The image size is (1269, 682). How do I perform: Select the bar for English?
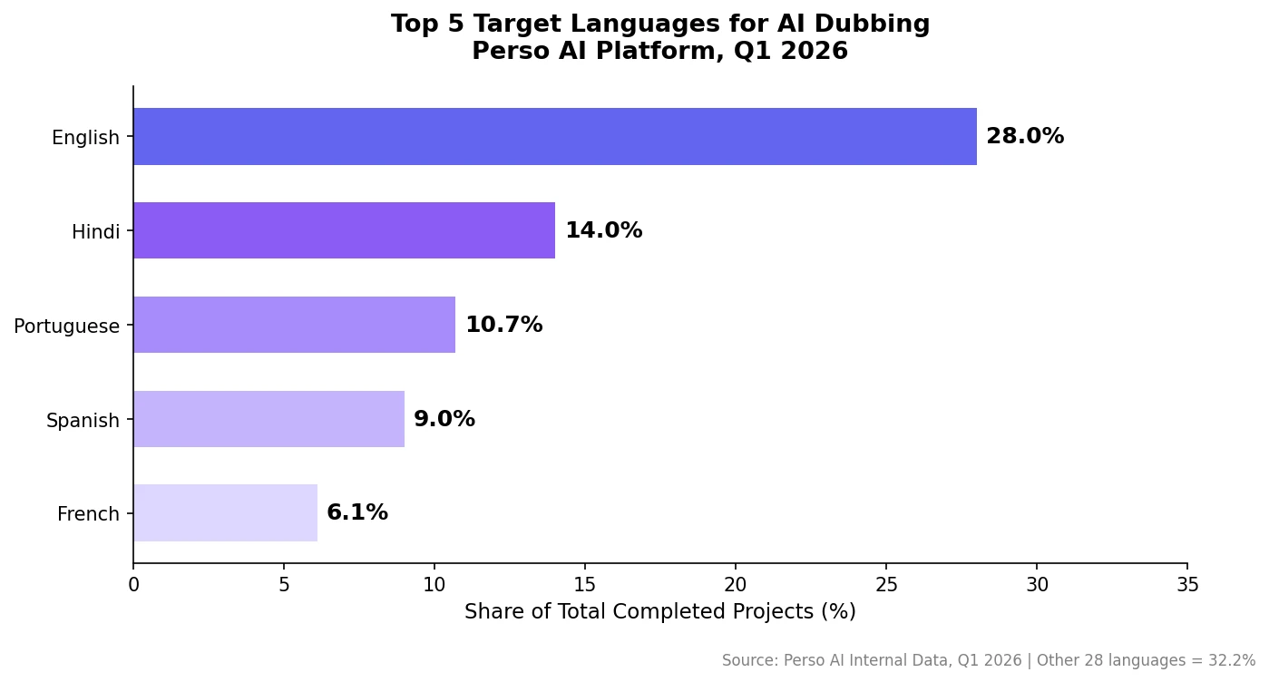pyautogui.click(x=555, y=137)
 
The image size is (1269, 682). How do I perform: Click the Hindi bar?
pyautogui.click(x=344, y=230)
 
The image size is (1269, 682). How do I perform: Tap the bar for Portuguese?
pyautogui.click(x=294, y=325)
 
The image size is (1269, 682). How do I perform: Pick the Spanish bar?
pyautogui.click(x=268, y=419)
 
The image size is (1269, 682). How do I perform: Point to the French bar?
pyautogui.click(x=225, y=513)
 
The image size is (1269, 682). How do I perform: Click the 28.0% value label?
pyautogui.click(x=1025, y=137)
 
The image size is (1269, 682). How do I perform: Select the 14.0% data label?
pyautogui.click(x=603, y=231)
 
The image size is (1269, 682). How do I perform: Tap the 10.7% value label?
pyautogui.click(x=503, y=326)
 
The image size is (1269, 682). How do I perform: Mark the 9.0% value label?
pyautogui.click(x=444, y=420)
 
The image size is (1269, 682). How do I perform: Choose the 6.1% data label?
pyautogui.click(x=357, y=513)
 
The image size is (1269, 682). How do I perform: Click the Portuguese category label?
pyautogui.click(x=66, y=326)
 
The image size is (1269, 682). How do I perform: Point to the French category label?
pyautogui.click(x=88, y=514)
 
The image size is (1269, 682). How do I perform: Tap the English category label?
pyautogui.click(x=85, y=138)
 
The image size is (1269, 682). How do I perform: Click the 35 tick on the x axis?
pyautogui.click(x=1187, y=586)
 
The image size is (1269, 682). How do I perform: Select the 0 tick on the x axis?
pyautogui.click(x=133, y=586)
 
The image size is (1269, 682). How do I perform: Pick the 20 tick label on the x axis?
pyautogui.click(x=736, y=586)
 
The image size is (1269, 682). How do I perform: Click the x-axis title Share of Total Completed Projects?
pyautogui.click(x=660, y=612)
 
